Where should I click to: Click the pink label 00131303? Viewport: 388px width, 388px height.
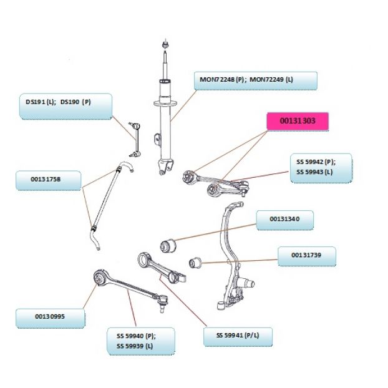(298, 121)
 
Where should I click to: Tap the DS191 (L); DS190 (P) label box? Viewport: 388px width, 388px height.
(66, 107)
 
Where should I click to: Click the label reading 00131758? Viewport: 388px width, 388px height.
(49, 180)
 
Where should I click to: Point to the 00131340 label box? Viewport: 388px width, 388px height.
(285, 220)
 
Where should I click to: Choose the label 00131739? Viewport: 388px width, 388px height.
(307, 256)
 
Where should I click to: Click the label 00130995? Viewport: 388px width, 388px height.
(51, 318)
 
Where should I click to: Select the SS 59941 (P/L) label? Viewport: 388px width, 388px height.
(238, 337)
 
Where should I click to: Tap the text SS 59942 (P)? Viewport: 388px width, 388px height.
(316, 162)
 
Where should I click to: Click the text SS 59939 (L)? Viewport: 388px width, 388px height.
(135, 346)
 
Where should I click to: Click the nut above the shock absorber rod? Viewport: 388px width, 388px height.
(165, 44)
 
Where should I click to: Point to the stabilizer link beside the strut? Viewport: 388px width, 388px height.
(135, 140)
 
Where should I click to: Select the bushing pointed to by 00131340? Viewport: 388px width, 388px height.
(168, 245)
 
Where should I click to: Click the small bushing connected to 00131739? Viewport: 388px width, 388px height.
(195, 263)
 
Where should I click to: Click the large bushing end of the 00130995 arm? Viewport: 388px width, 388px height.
(100, 278)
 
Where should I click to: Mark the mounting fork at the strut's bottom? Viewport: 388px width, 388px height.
(165, 167)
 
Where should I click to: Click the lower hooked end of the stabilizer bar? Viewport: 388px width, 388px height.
(95, 239)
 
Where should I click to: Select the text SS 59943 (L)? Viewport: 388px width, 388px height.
(314, 172)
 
